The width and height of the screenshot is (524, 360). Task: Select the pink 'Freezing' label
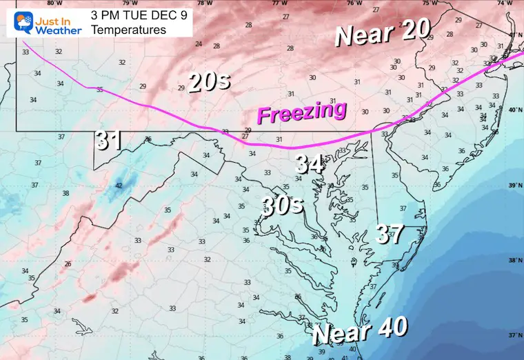coord(301,112)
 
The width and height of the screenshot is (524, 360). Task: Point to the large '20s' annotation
coord(208,83)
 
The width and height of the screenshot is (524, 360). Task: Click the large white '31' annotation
coord(109,141)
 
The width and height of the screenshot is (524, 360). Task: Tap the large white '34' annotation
coord(309,163)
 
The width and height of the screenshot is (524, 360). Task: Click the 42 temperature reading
coord(119,186)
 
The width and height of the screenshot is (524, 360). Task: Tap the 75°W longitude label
coord(430,3)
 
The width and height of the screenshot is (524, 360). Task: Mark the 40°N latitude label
coord(514,110)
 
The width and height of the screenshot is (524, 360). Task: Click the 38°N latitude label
coord(514,261)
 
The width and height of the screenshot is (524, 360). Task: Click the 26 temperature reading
coord(68,263)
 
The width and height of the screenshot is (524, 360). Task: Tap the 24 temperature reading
coord(199,44)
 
